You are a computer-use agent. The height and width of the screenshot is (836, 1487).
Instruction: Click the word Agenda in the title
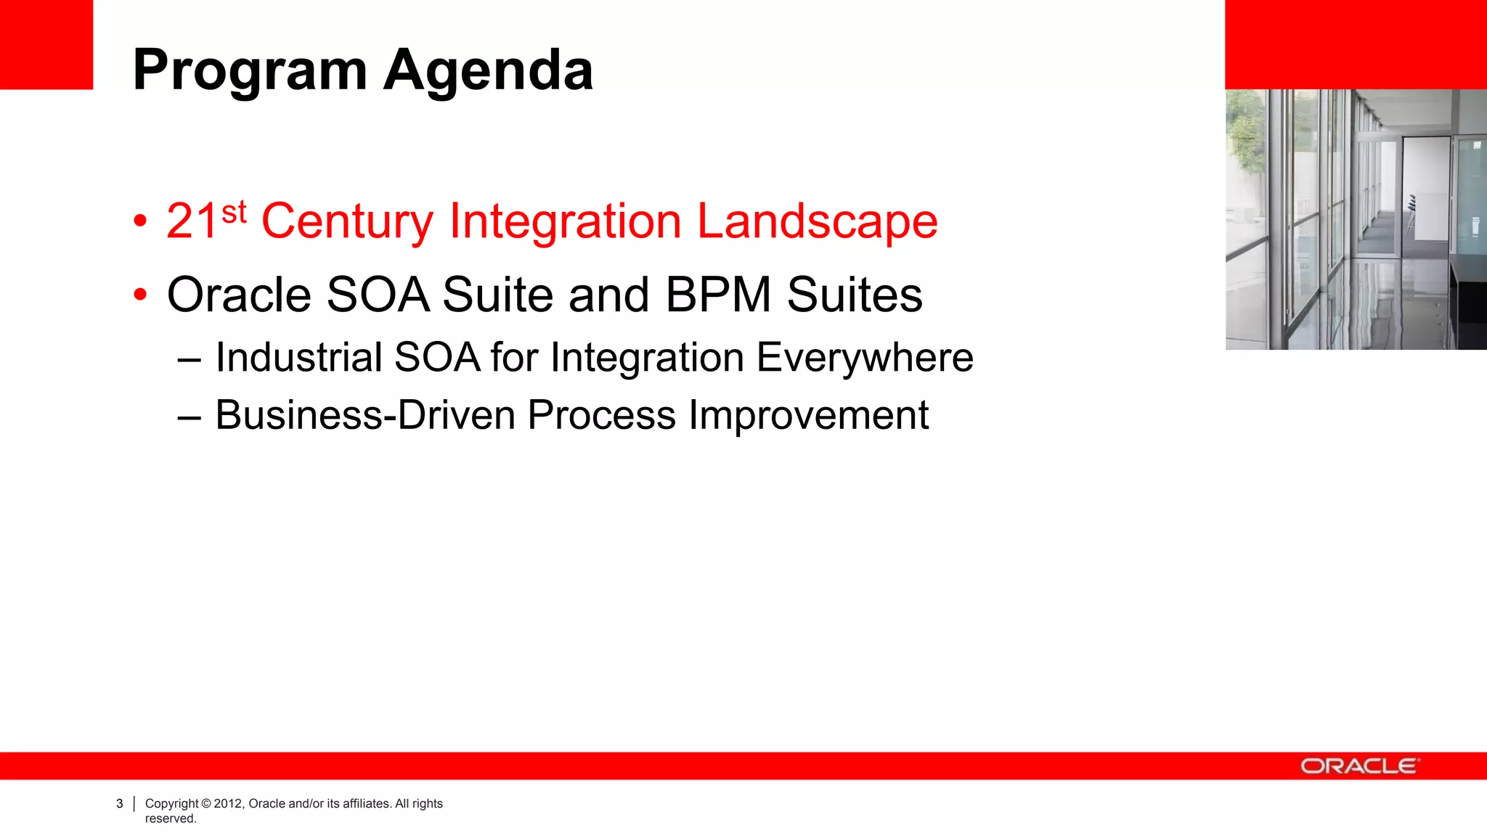488,71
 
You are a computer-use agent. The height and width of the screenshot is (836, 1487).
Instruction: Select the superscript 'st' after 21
234,213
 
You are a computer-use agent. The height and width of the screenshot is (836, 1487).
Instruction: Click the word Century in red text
347,221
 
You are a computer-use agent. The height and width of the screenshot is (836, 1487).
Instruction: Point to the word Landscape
817,221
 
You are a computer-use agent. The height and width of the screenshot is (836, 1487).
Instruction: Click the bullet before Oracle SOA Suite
141,295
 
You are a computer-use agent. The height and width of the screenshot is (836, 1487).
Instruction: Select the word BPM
718,295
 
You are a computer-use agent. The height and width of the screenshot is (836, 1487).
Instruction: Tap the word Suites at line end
855,295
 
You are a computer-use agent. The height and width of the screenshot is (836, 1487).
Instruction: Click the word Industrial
298,358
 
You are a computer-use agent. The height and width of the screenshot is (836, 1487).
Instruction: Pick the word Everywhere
864,358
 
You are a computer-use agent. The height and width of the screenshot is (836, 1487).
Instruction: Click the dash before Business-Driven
189,417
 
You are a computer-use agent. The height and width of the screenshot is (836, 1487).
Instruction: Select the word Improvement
808,416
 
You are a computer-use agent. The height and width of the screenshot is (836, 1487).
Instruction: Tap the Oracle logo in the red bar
1358,766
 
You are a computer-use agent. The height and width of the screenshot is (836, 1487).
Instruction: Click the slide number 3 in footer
120,804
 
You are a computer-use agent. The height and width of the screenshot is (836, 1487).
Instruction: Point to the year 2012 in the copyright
227,804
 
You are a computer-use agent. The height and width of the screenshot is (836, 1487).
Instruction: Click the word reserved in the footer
171,819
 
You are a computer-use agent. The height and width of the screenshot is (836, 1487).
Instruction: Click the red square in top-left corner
46,44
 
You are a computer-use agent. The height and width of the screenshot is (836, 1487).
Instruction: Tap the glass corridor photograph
1356,219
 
